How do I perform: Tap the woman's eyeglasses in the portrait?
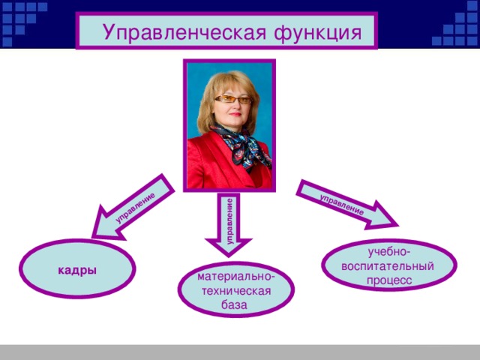click(232, 99)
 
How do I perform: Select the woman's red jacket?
click(206, 165)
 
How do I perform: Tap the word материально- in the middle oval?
click(235, 277)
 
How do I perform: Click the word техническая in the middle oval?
click(235, 291)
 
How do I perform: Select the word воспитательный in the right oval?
click(388, 265)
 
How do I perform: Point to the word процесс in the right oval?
click(388, 280)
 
